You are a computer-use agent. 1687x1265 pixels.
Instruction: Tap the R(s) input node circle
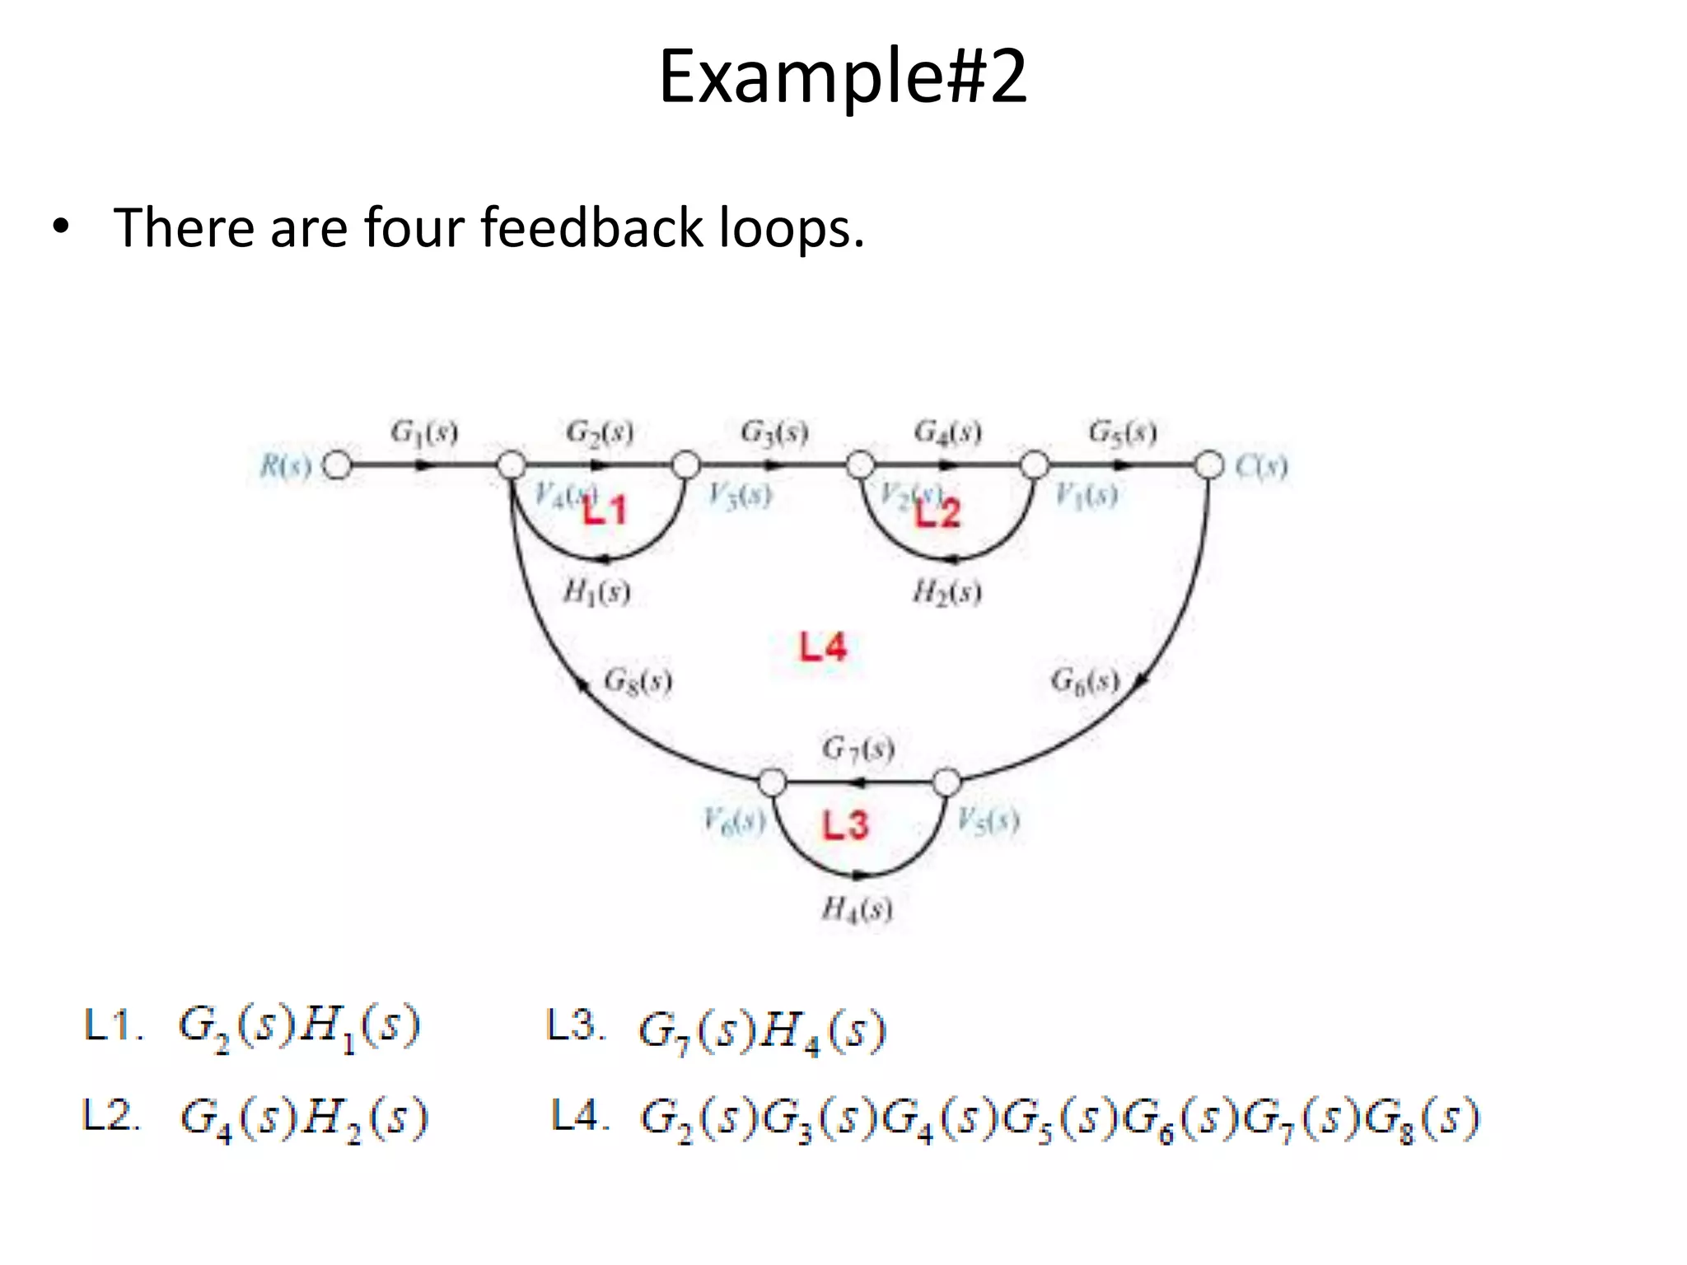tap(336, 465)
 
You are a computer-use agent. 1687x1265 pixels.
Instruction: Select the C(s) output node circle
tap(1208, 465)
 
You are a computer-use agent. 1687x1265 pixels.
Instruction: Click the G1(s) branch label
tap(423, 432)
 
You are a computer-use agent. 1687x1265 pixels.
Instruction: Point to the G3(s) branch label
tap(773, 432)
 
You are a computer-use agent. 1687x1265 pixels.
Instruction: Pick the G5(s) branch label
tap(1122, 432)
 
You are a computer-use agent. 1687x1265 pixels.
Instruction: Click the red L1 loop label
tap(605, 511)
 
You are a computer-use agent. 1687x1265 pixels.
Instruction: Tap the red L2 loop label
tap(938, 513)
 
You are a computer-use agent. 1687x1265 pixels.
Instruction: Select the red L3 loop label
tap(845, 824)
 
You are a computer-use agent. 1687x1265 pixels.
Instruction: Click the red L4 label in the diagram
tap(822, 647)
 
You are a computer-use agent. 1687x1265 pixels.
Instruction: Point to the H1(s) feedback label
tap(596, 591)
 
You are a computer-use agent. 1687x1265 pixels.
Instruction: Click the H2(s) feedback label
tap(946, 591)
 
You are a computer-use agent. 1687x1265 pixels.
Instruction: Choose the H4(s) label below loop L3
tap(857, 908)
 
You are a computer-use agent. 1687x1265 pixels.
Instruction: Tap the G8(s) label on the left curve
tap(638, 681)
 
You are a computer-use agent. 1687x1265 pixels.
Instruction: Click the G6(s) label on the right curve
tap(1084, 681)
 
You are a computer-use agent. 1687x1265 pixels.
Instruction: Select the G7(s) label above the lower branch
tap(858, 749)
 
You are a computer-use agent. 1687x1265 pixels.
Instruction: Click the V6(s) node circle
tap(772, 782)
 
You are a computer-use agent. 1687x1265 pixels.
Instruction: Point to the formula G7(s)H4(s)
tap(762, 1030)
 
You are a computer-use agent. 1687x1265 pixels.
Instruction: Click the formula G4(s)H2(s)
tap(304, 1118)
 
